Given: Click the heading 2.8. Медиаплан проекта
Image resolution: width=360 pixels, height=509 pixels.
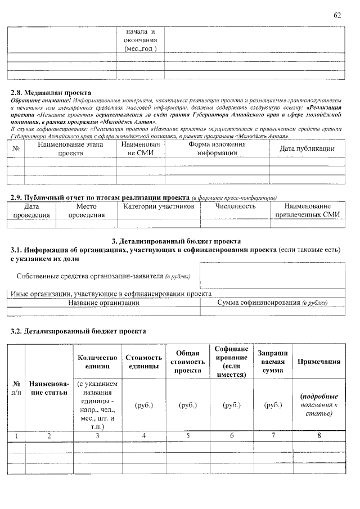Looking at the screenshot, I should coord(51,92).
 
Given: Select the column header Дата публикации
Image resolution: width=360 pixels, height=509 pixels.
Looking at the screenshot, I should coord(307,148).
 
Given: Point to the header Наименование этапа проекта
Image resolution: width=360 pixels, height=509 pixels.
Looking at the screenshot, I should coord(70,148).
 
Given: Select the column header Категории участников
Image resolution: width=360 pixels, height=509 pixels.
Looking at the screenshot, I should coord(159,206).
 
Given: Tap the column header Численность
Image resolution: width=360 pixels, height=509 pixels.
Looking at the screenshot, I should coord(235,206).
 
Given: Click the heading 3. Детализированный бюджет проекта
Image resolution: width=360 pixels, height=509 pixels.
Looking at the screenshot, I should coord(177,241).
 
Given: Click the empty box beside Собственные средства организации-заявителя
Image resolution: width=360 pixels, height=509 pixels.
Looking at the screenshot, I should coord(272,277).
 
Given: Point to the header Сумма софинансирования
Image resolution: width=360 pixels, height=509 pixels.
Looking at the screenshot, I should coord(272,303).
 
